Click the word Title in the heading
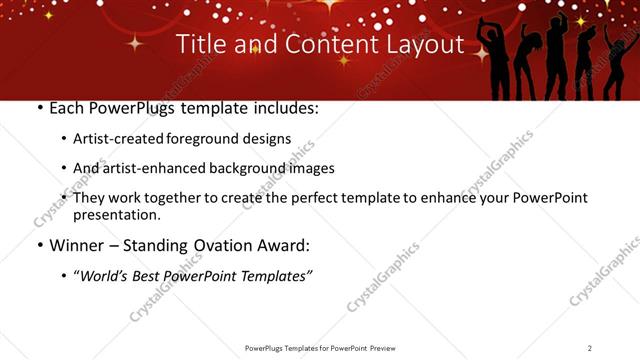(199, 45)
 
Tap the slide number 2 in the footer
(590, 348)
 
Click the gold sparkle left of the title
(132, 43)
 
